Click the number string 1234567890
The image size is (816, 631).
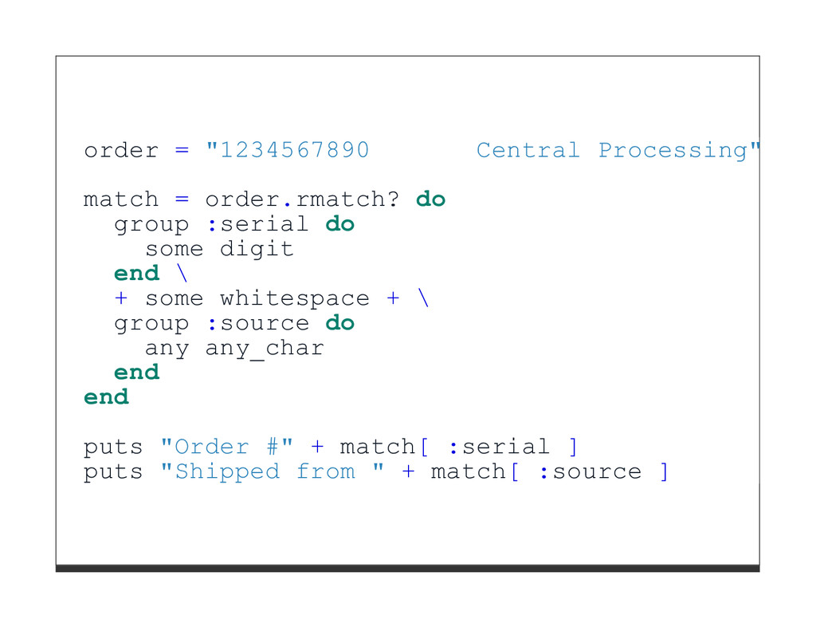(294, 150)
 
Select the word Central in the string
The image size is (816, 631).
(528, 150)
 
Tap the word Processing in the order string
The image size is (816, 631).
(673, 150)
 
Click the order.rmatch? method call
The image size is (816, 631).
(302, 199)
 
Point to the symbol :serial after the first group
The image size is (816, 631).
(257, 224)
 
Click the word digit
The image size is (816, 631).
(257, 249)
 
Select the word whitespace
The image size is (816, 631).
(294, 298)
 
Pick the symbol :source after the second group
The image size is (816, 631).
(257, 323)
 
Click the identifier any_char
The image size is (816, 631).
(265, 349)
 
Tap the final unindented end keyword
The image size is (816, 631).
(106, 397)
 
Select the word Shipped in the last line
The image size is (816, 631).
(227, 471)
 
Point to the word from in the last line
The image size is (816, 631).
(325, 471)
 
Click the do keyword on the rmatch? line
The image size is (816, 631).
(430, 199)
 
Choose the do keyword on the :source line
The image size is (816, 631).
(339, 323)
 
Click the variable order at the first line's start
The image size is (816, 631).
(121, 150)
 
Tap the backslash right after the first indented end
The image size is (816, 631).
(182, 274)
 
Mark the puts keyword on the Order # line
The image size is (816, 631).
(113, 447)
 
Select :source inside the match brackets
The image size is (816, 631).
(590, 471)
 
